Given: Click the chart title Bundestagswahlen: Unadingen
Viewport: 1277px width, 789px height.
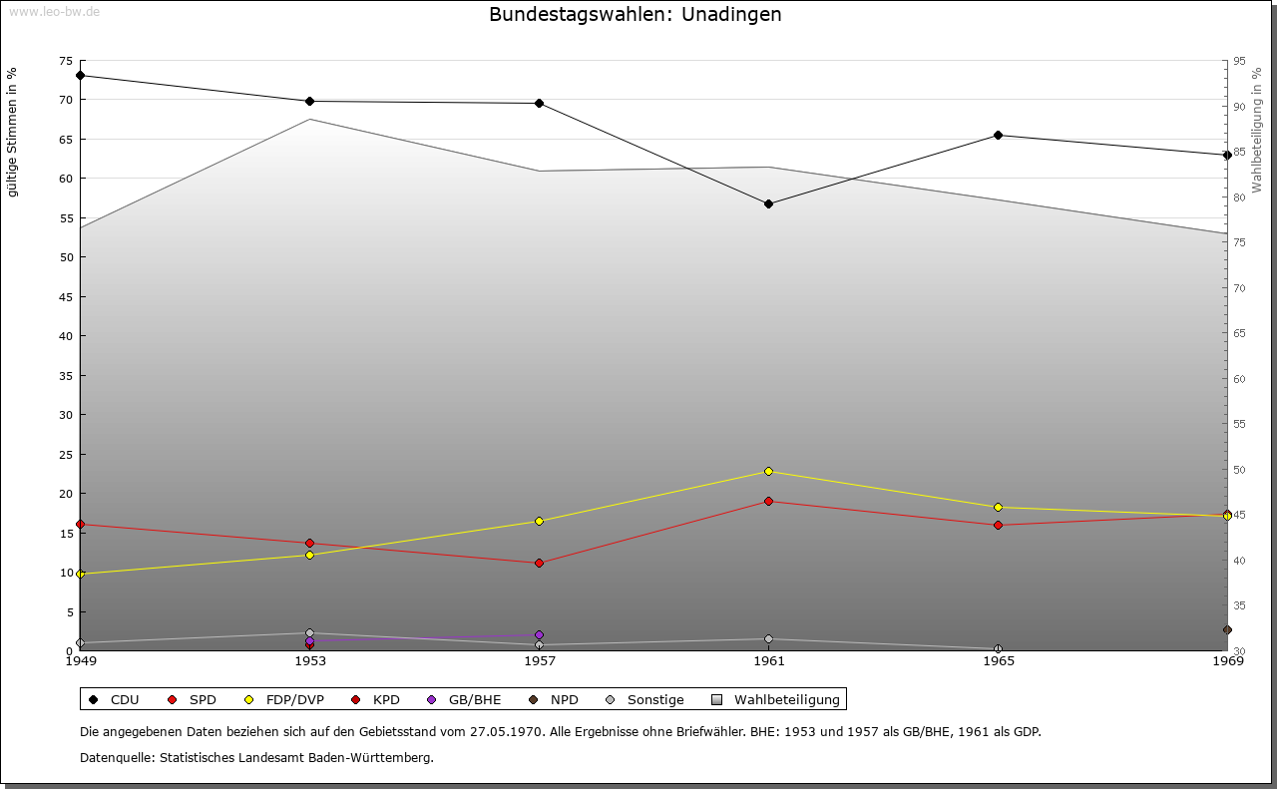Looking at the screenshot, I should (x=635, y=15).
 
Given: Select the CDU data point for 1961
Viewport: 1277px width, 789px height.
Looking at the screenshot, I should (x=768, y=203).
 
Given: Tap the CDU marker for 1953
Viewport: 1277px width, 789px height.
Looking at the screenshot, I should (x=309, y=101).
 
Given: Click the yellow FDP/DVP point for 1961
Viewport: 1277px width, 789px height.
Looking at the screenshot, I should (x=768, y=471).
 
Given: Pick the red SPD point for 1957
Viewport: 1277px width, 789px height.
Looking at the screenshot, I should (x=539, y=563).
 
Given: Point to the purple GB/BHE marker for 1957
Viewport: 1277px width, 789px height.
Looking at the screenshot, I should (x=539, y=634).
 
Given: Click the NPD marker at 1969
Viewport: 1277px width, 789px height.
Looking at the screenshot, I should (x=1227, y=629).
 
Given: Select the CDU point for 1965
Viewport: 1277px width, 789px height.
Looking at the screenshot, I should (x=998, y=135).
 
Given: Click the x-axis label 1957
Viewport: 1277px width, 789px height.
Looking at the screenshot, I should (x=539, y=660).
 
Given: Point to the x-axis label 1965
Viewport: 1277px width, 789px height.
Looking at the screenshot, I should (x=998, y=660).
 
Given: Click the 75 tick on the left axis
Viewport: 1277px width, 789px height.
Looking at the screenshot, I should (x=66, y=61).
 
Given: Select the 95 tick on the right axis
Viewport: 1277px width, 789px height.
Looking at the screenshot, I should (x=1239, y=61).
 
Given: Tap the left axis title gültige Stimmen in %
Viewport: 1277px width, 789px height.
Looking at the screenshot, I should (x=13, y=132).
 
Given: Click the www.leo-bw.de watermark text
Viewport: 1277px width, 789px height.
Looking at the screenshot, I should (x=54, y=11).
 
